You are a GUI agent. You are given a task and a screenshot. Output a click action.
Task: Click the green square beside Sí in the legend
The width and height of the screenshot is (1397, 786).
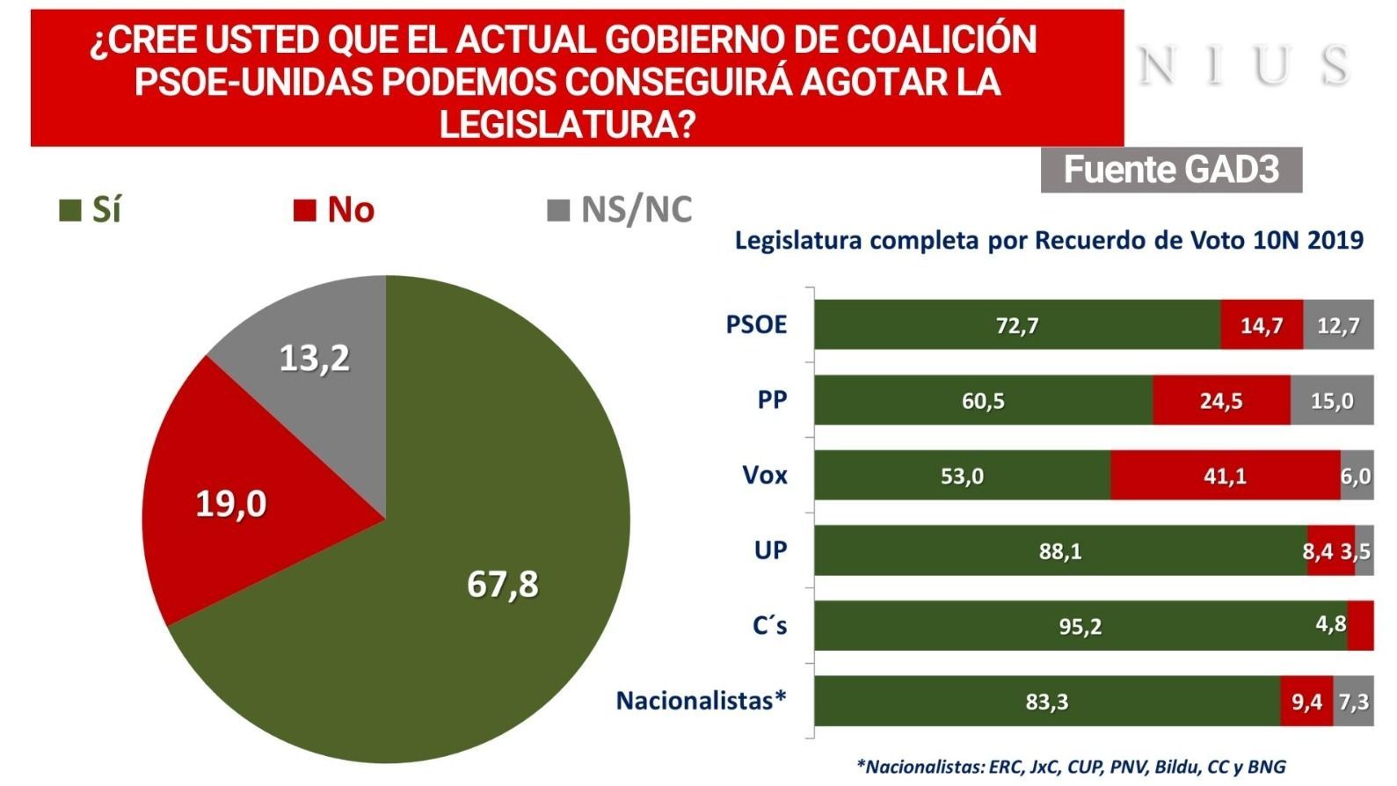[x=69, y=211]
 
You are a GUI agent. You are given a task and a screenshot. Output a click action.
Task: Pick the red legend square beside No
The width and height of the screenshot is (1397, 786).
[x=305, y=211]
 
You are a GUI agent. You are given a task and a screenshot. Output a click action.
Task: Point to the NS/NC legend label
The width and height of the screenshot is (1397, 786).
[x=636, y=210]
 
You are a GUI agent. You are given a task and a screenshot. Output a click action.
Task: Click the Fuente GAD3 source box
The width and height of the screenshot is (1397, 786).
[x=1170, y=170]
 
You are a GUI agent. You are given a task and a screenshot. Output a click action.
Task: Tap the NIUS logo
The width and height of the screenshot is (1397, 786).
[x=1243, y=67]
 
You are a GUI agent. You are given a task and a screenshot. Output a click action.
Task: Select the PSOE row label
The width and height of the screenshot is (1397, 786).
[x=756, y=324]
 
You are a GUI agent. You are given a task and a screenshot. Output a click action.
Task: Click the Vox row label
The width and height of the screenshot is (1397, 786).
[x=765, y=476]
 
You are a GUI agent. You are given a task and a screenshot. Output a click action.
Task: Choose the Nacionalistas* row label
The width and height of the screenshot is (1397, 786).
[x=701, y=701]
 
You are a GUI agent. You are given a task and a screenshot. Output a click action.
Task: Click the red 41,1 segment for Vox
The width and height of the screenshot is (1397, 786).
[x=1225, y=476]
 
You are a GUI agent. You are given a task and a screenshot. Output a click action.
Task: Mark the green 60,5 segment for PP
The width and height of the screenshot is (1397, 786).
[x=983, y=401]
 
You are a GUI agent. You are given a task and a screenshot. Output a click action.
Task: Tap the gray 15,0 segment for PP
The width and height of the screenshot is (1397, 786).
[x=1331, y=401]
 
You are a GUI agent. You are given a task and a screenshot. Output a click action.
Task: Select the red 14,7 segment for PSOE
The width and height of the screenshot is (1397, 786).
[x=1261, y=325]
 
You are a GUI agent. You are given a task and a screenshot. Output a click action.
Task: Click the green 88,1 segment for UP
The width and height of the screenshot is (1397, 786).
[x=1060, y=551]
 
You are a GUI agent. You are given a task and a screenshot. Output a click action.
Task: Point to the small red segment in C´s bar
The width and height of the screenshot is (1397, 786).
[x=1360, y=626]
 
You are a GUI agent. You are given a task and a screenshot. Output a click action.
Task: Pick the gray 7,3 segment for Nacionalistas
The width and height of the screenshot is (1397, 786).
[x=1353, y=702]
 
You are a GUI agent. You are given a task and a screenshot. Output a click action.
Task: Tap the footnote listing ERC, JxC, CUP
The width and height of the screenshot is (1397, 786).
[x=1071, y=767]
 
